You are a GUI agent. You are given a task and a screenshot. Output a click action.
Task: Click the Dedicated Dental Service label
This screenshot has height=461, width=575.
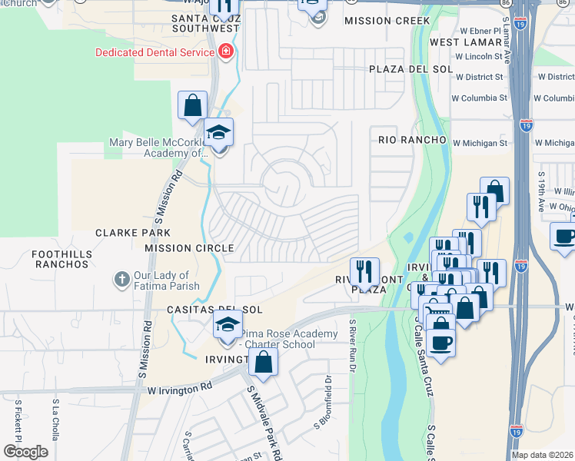(155, 52)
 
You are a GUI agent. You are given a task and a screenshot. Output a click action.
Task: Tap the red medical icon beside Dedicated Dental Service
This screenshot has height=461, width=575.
(225, 52)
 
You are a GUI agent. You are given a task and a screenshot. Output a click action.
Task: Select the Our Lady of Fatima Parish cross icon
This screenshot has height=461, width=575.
(121, 280)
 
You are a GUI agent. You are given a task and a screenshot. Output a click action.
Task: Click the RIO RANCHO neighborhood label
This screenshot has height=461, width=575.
(412, 140)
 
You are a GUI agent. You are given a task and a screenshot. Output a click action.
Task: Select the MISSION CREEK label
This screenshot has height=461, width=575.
(382, 21)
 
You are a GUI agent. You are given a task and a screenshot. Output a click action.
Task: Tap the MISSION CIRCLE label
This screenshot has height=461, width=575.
(189, 248)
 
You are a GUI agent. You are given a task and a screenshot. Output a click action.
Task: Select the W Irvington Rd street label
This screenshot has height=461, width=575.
(181, 390)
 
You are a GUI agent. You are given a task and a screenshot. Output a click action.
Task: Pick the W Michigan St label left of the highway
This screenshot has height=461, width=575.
(480, 143)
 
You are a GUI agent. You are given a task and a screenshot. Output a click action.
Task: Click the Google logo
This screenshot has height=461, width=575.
(25, 452)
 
